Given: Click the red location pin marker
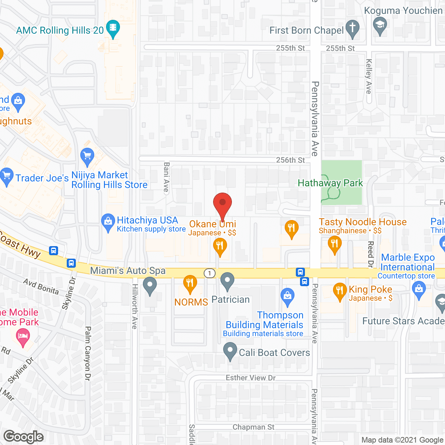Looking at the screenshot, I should click(222, 203).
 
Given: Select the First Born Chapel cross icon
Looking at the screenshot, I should click(353, 28).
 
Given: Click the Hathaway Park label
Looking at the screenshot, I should click(330, 183).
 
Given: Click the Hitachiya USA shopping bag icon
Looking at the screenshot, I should click(108, 221).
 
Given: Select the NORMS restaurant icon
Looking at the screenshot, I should click(190, 283).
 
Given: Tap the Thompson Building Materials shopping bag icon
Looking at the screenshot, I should click(288, 296).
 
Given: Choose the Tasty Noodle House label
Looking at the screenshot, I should click(363, 222).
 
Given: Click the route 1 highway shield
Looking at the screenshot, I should click(210, 273).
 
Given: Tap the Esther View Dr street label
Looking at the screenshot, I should click(250, 378).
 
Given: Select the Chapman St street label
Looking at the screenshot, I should click(253, 427).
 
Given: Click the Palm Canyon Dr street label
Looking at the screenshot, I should click(88, 353).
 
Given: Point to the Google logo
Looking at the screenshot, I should click(24, 437).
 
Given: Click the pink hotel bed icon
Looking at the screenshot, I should click(23, 337).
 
